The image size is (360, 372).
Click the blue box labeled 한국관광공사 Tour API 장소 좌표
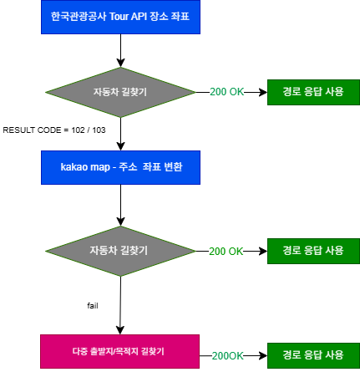(120, 17)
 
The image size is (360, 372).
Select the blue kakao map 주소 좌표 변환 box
(120, 167)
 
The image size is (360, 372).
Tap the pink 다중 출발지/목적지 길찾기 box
(119, 351)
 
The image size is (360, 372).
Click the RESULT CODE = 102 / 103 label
(54, 130)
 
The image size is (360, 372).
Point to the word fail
(93, 306)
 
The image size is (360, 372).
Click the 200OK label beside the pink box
(227, 356)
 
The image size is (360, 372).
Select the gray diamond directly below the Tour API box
(120, 92)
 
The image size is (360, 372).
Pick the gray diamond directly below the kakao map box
(120, 251)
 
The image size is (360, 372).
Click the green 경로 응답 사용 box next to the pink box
(313, 355)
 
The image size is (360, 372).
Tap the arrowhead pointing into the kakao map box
(120, 146)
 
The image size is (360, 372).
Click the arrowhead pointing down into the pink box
(120, 330)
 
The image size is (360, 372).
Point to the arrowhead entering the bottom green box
(263, 356)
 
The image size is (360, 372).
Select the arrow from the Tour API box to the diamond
(120, 51)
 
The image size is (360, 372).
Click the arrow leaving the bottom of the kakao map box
(120, 205)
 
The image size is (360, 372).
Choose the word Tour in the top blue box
(119, 17)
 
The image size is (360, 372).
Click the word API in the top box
(139, 17)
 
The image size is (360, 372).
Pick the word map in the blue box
(100, 168)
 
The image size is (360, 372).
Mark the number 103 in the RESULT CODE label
(99, 130)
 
